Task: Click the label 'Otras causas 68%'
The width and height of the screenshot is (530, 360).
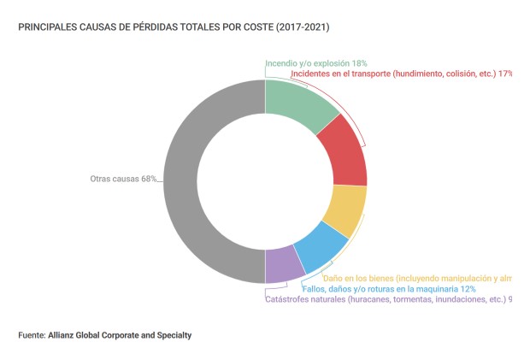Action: coord(124,179)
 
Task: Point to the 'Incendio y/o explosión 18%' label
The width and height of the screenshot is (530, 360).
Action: coord(316,63)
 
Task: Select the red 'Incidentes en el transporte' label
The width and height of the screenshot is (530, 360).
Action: coord(402,74)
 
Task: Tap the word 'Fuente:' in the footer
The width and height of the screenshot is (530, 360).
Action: coord(32,334)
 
